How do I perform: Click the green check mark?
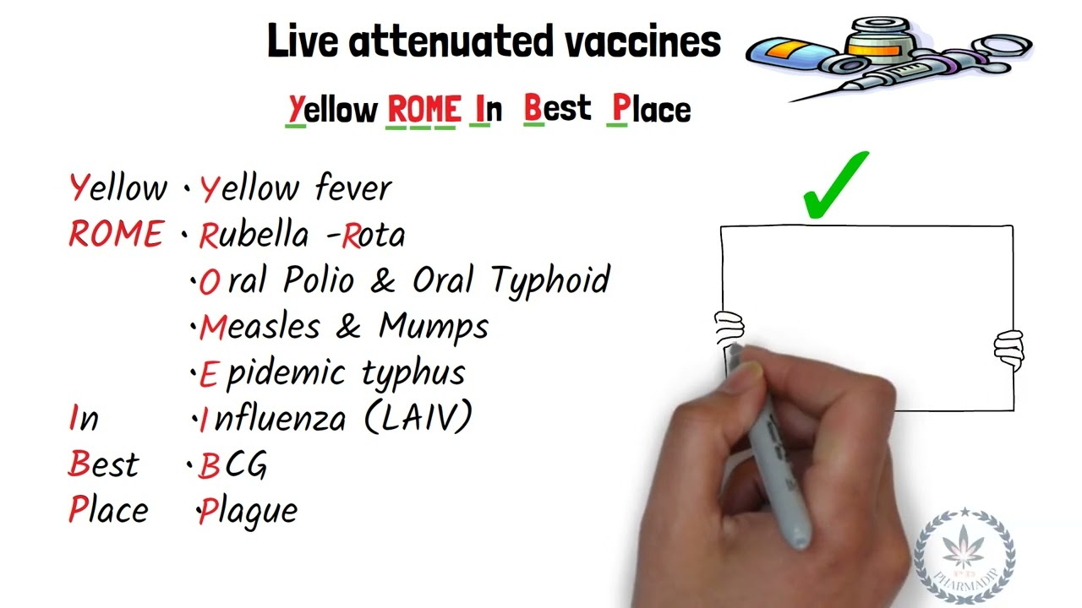click(836, 185)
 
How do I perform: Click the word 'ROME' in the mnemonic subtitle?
click(424, 110)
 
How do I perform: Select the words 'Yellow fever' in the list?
click(295, 188)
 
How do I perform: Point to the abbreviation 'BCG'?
click(232, 465)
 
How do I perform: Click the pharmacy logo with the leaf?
click(965, 554)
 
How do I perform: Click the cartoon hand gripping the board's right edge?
click(1008, 349)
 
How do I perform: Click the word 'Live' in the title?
click(303, 41)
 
